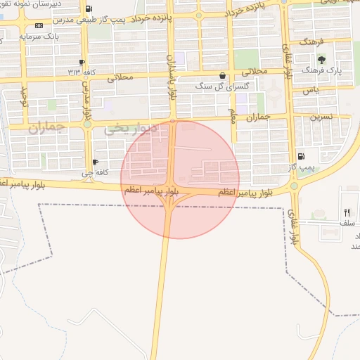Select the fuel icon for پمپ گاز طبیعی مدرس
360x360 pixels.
coord(88,10)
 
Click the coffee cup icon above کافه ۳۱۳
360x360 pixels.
coord(83,63)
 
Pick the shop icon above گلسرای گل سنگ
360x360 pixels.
coord(223,75)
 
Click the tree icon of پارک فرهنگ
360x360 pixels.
coord(322,60)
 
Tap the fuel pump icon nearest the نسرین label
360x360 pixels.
coord(302,156)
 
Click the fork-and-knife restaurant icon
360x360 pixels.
coord(346,212)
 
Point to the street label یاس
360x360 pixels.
coord(310,91)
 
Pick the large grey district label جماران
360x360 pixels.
coord(46,128)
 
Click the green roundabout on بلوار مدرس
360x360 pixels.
coord(87,124)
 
